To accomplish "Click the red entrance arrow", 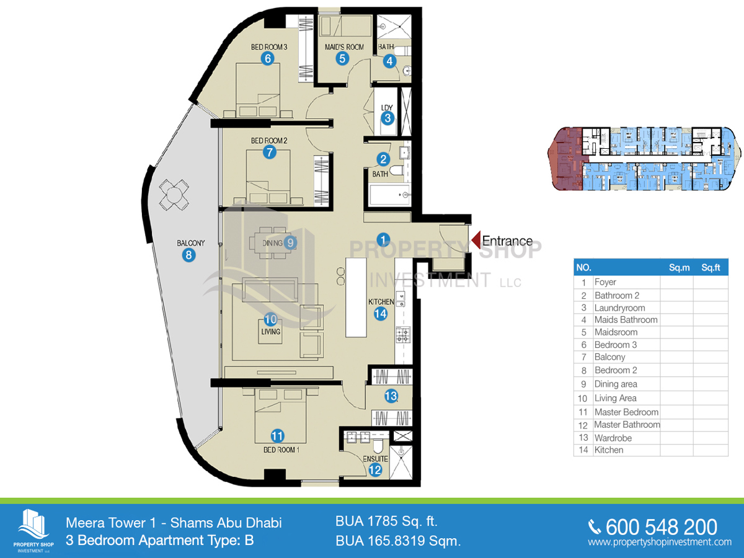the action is point(476,240).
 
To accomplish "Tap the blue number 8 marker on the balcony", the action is point(188,255).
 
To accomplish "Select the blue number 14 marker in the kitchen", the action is point(380,314).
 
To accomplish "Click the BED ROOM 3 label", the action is point(269,47).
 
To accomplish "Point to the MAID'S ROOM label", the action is point(344,47).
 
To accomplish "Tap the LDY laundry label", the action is point(387,108).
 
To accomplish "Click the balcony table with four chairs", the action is point(174,195).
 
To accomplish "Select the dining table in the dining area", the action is point(273,243).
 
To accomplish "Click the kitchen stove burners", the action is point(404,334).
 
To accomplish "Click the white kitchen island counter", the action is point(356,298).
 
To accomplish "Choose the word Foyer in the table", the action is point(605,282).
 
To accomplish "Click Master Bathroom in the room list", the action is point(627,425).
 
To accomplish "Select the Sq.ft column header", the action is point(711,268).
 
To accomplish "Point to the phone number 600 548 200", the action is point(662,527).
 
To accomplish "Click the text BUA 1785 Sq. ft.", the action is point(386,521).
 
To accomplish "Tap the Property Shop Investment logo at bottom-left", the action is point(33,531).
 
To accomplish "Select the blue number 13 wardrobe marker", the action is point(391,396).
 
